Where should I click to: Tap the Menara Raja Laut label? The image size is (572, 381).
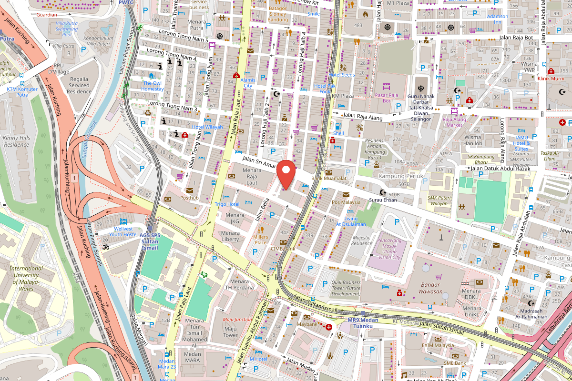[252, 176]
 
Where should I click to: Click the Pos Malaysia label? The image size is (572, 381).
[346, 202]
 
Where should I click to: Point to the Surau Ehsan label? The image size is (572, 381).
[383, 200]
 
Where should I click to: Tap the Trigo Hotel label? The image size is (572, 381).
[227, 204]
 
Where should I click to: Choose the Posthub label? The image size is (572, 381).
[189, 197]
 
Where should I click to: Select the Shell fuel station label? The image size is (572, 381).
[338, 133]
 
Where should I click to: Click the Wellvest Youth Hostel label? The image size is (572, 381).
[123, 231]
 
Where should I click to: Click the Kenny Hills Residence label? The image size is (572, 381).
[16, 141]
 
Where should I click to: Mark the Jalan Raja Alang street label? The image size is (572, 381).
[364, 115]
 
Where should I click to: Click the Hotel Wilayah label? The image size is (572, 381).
[207, 127]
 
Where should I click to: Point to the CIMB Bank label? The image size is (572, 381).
[283, 249]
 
